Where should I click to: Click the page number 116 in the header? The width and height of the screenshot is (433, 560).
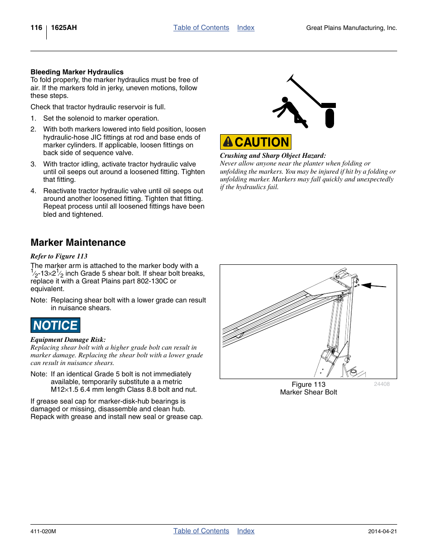click(36, 28)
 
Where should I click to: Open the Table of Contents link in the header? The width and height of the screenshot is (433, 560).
click(201, 28)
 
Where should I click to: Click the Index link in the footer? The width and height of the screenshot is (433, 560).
click(246, 531)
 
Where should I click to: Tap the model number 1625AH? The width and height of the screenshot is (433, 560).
click(64, 28)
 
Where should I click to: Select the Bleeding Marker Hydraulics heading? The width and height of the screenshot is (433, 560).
click(77, 72)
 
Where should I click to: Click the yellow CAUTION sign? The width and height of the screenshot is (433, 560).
click(256, 142)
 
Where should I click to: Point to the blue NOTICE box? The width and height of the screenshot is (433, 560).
click(55, 325)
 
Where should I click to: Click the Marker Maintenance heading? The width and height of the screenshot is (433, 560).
click(78, 243)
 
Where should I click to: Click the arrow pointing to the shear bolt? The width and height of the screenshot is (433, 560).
click(374, 286)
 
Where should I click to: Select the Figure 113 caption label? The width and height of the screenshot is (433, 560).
click(308, 385)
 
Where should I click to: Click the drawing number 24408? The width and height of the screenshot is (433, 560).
click(382, 384)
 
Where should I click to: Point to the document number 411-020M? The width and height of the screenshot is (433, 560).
click(43, 531)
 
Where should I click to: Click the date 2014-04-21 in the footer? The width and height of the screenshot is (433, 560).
click(382, 531)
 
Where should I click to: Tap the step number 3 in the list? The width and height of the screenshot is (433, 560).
click(33, 164)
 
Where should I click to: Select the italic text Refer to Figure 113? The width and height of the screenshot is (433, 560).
click(59, 256)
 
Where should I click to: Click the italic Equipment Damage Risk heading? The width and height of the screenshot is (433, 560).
click(68, 340)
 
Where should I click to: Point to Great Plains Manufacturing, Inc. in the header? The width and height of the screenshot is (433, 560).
click(351, 28)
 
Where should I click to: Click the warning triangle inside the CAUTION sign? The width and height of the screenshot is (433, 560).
click(228, 142)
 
